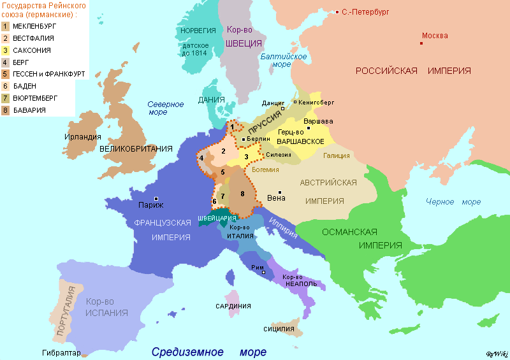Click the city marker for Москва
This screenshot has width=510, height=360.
point(421,43)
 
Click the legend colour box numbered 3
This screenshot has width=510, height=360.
point(5,50)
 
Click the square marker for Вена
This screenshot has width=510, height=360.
point(280,192)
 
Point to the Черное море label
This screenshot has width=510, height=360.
point(453,202)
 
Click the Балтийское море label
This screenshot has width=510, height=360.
point(284,61)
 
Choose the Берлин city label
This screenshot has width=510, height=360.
point(259,138)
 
